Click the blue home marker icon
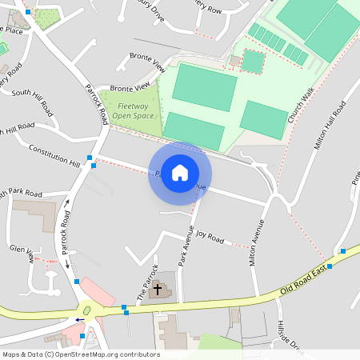(x=180, y=173)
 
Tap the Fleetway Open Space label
(x=132, y=110)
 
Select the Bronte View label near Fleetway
(x=130, y=86)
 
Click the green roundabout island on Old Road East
(x=86, y=310)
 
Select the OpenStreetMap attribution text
(x=81, y=354)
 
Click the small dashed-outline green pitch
(x=253, y=61)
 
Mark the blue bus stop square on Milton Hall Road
(x=342, y=251)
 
